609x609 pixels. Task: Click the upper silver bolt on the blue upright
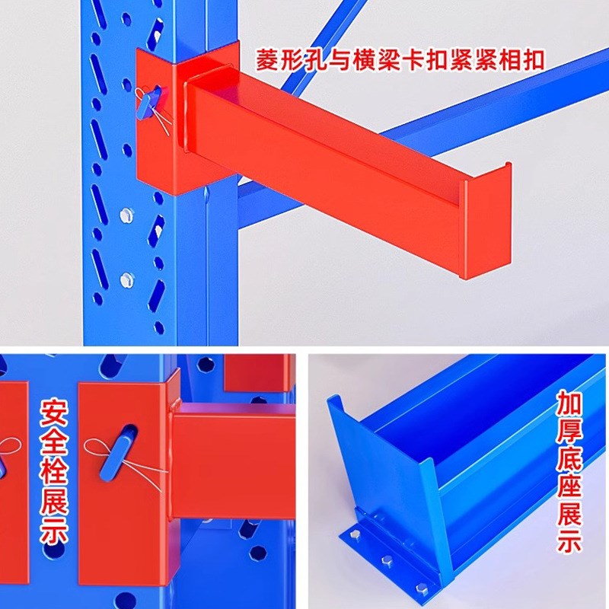(x=126, y=215)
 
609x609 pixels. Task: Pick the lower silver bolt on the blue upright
(x=126, y=279)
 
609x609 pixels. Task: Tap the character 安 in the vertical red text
(x=56, y=412)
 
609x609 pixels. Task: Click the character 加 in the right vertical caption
(x=569, y=402)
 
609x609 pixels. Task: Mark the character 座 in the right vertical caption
(x=569, y=485)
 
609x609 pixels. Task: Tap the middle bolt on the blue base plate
(x=388, y=563)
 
